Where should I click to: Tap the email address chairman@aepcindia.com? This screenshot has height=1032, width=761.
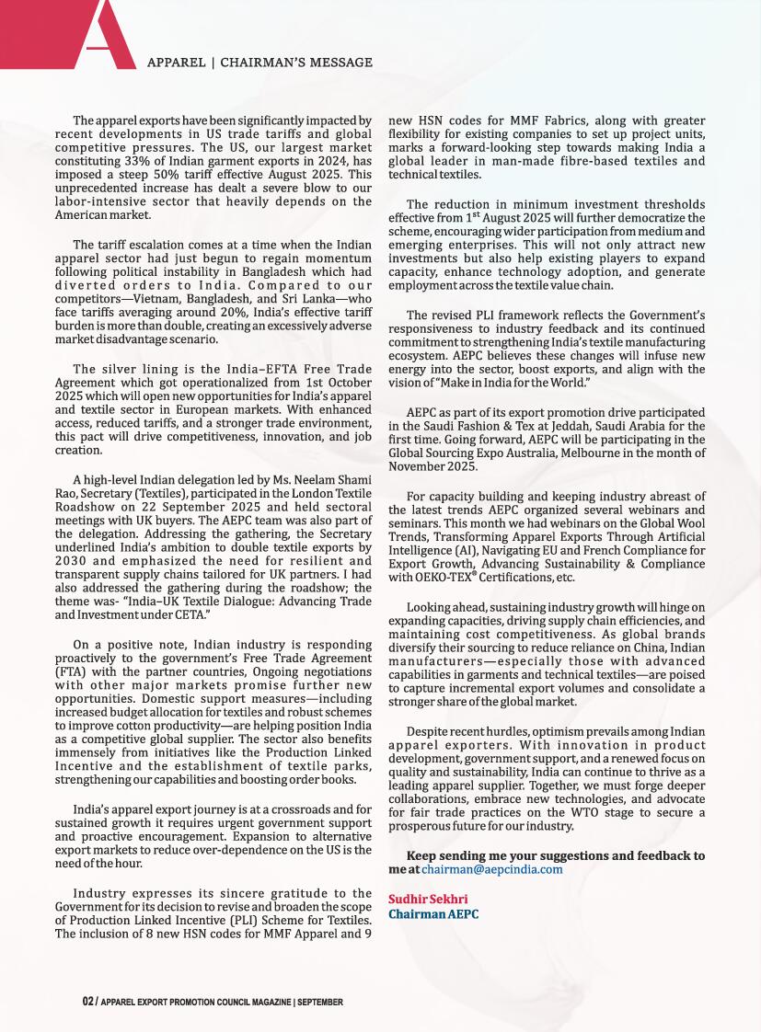pos(491,868)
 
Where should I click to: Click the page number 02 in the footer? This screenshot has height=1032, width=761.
pos(87,1001)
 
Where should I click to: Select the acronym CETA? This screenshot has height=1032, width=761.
pos(190,613)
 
